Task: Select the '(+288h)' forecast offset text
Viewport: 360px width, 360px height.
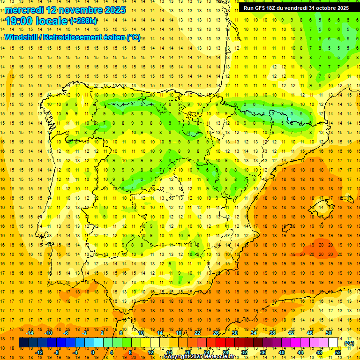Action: click(x=83, y=21)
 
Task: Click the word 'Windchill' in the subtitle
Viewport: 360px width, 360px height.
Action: click(x=20, y=37)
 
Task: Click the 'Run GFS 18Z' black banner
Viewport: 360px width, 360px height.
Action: click(x=296, y=8)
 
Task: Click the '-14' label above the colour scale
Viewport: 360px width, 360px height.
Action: click(x=30, y=333)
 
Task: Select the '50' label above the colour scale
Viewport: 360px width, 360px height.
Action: click(x=329, y=333)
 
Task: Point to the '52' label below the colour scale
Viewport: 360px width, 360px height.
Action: click(x=338, y=352)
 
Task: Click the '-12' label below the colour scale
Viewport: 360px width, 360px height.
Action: click(x=39, y=352)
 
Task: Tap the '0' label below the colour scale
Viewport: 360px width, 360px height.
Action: click(x=93, y=352)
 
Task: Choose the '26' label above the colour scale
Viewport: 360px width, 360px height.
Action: click(x=216, y=333)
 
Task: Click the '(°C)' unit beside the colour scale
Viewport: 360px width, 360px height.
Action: click(x=349, y=343)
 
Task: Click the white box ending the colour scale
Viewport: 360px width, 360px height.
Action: click(x=333, y=343)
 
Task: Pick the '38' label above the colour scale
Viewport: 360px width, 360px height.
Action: click(x=272, y=333)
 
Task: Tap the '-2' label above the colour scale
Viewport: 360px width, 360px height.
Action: click(x=84, y=333)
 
